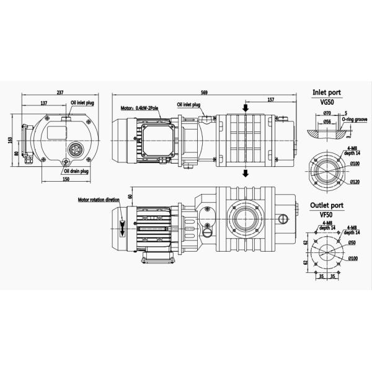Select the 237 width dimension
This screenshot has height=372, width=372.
point(60,92)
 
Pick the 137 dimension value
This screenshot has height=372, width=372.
point(44,102)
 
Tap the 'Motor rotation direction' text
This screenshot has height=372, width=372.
point(99,200)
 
